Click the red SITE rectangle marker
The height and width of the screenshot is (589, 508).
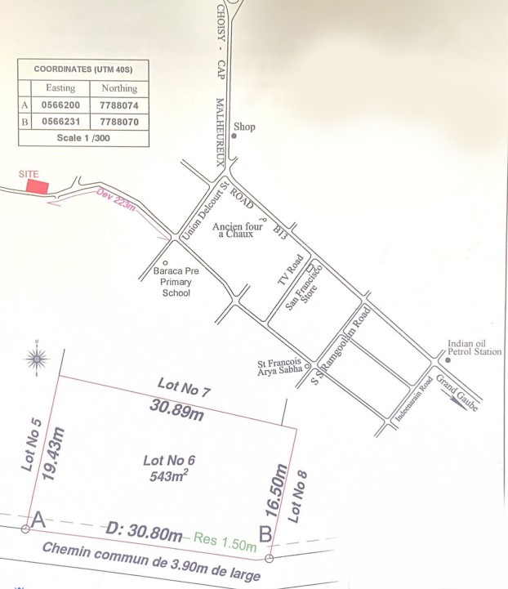[38, 186]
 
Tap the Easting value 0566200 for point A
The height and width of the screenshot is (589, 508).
[60, 105]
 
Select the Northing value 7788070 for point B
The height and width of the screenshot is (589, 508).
[118, 122]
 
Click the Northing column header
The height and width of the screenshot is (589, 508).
[118, 88]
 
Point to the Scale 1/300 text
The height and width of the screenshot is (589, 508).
[83, 137]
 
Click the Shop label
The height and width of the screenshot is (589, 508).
[244, 127]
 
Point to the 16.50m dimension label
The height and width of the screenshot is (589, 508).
[279, 490]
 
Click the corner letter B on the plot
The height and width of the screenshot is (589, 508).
[265, 533]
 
